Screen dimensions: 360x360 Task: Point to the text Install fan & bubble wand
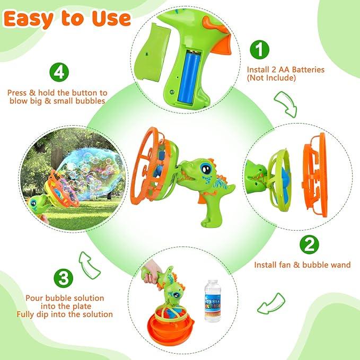point(302,265)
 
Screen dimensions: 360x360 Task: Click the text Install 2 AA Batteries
point(285,69)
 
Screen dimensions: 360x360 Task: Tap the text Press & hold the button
point(57,92)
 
